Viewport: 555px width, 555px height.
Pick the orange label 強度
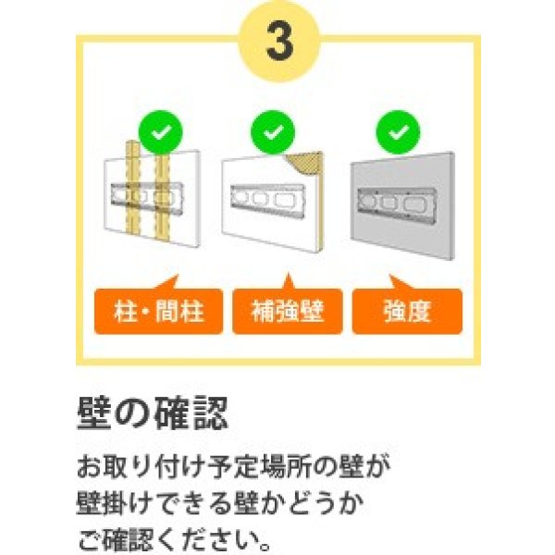(x=407, y=313)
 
